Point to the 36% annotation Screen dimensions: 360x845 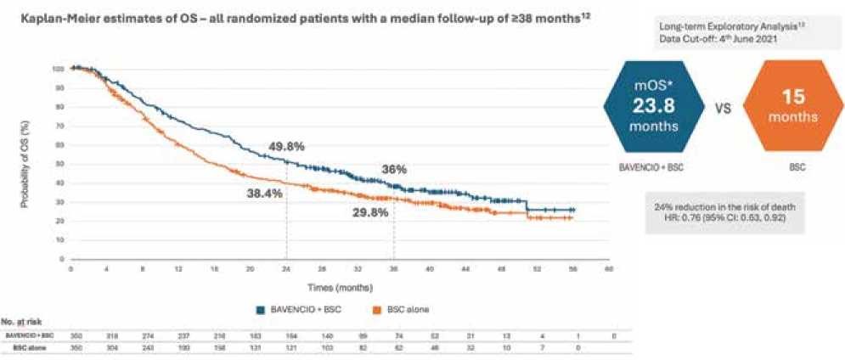pyautogui.click(x=393, y=169)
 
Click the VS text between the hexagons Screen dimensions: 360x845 pyautogui.click(x=714, y=109)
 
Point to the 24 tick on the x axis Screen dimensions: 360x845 pyautogui.click(x=285, y=269)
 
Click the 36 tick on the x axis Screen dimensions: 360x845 pyautogui.click(x=393, y=269)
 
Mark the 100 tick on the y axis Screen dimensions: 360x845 pyautogui.click(x=58, y=68)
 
